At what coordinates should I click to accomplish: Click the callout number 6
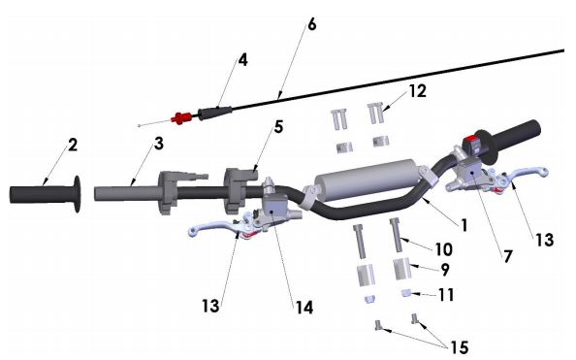311,24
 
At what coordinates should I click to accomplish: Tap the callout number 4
242,60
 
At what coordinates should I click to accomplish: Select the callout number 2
73,145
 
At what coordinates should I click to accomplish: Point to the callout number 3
159,144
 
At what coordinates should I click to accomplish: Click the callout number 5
279,127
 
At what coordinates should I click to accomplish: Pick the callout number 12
418,91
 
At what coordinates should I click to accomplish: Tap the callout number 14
304,308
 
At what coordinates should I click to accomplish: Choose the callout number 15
460,347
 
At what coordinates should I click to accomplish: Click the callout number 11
446,295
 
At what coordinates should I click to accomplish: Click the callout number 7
508,256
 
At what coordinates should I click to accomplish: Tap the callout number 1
464,225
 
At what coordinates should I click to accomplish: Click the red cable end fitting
181,118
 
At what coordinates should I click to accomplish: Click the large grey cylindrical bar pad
368,180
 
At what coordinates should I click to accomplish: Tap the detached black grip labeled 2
45,194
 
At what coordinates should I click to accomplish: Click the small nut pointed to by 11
406,293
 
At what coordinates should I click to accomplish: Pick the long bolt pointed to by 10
396,235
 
